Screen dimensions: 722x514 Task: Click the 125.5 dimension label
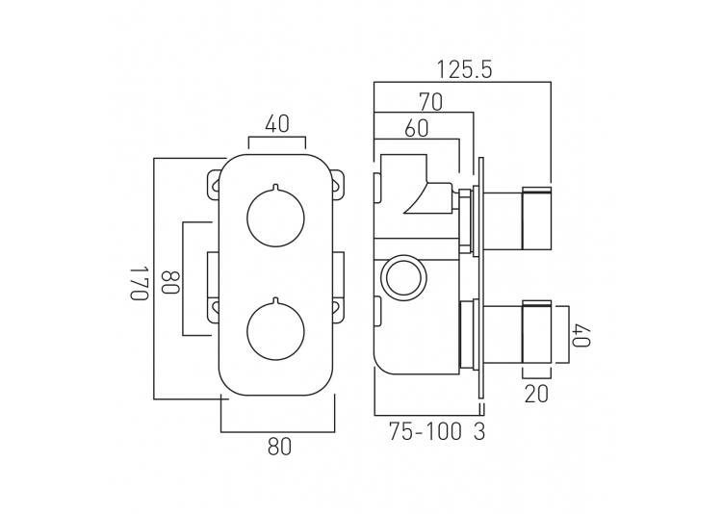[464, 70]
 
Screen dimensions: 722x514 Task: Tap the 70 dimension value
[430, 102]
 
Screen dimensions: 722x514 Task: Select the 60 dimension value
[416, 129]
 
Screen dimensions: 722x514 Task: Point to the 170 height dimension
[139, 282]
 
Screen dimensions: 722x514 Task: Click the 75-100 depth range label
[425, 431]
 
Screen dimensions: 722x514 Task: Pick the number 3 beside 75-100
[479, 431]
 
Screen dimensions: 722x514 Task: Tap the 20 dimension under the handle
[536, 394]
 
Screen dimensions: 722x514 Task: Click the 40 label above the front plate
[277, 124]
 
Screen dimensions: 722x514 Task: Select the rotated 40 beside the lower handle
[581, 335]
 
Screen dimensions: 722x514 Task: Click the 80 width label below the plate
[279, 447]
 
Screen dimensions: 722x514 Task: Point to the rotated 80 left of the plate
[169, 282]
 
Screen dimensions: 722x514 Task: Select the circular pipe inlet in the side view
[403, 278]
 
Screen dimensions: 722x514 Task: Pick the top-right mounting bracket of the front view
[339, 185]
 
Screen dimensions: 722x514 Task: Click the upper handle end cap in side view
[536, 218]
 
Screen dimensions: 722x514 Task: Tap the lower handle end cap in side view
[536, 332]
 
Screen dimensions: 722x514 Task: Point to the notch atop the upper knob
[276, 187]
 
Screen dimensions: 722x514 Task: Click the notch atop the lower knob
[276, 300]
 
